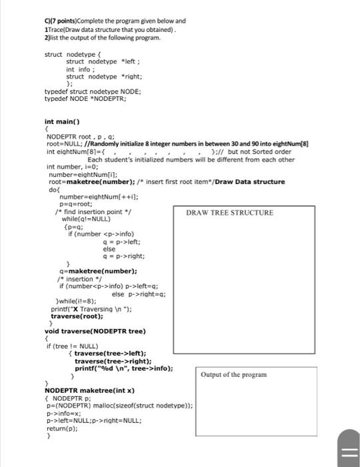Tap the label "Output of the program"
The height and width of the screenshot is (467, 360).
pyautogui.click(x=233, y=374)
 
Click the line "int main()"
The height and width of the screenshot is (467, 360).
pyautogui.click(x=62, y=122)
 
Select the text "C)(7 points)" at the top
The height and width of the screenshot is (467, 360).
pyautogui.click(x=61, y=21)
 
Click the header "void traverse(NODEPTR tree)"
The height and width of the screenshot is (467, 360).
pyautogui.click(x=95, y=331)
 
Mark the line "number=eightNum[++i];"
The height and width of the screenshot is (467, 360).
pyautogui.click(x=90, y=196)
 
